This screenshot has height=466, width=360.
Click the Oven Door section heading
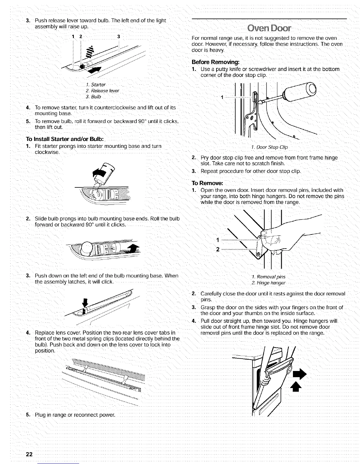point(269,29)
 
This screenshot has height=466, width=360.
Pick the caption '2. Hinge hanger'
point(269,283)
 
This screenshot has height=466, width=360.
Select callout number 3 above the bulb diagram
point(118,37)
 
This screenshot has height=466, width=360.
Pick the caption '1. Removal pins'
point(269,277)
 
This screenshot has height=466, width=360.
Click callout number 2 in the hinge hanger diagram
point(218,249)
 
